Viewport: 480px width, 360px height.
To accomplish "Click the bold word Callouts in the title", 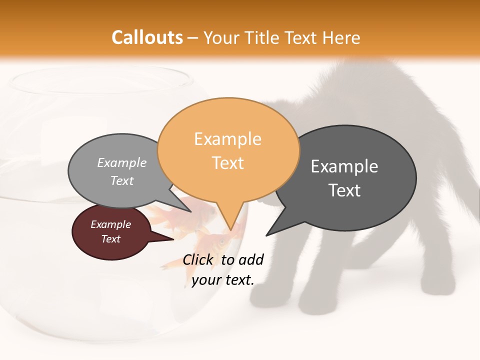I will [x=147, y=37].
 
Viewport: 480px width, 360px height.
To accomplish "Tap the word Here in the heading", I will [x=342, y=37].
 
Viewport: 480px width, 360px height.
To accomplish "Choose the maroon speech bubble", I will [x=111, y=232].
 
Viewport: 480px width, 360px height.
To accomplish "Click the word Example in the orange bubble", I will [x=227, y=138].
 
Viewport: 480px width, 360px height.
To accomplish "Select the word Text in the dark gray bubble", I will [x=344, y=190].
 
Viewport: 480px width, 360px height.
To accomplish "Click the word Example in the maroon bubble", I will [x=111, y=224].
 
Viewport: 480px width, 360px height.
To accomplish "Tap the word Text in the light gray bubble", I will [x=122, y=181].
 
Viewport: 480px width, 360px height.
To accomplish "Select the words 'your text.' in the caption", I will [x=222, y=280].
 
